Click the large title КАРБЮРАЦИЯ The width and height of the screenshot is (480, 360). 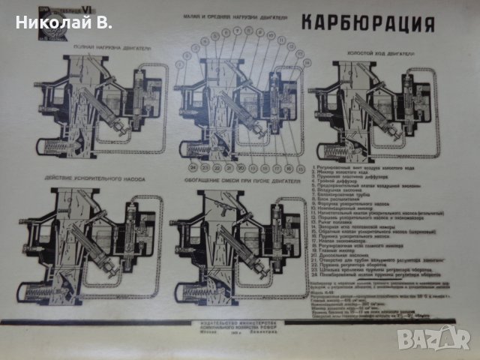[368, 23]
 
